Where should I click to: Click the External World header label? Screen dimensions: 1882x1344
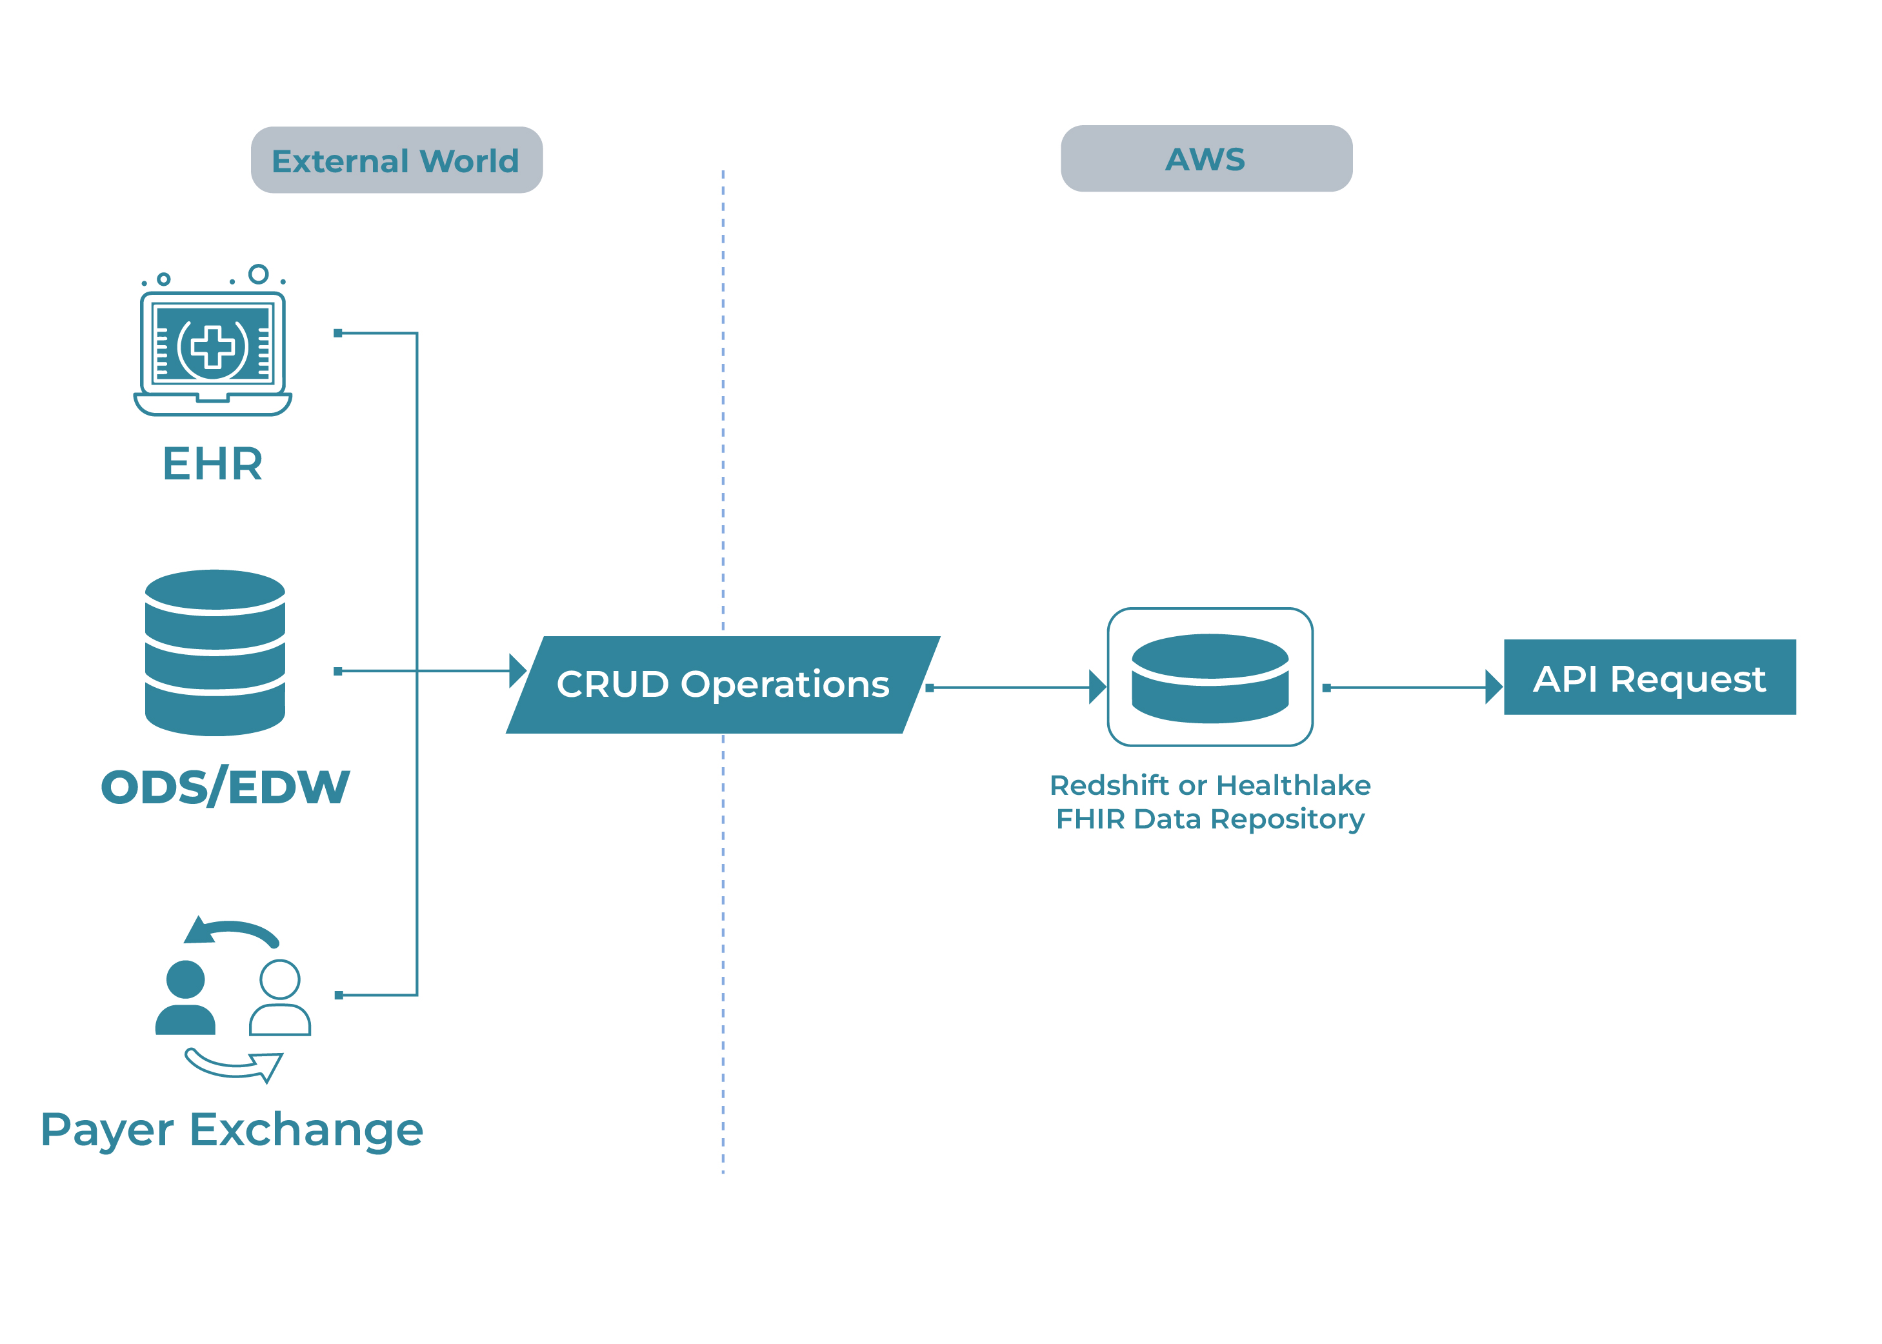(x=395, y=161)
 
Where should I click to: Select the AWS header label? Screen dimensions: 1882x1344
(x=1206, y=159)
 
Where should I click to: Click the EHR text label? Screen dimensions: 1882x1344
(x=213, y=463)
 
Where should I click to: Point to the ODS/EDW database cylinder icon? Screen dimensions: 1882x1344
(x=215, y=652)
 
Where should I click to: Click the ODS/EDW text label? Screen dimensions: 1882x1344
(x=225, y=787)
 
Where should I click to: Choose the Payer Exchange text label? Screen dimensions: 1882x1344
(x=232, y=1130)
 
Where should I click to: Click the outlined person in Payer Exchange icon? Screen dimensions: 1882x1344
(x=280, y=998)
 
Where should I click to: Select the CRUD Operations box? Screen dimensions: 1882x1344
(x=723, y=685)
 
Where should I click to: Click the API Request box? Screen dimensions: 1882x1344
(x=1650, y=677)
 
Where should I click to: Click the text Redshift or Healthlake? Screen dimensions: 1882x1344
(x=1210, y=785)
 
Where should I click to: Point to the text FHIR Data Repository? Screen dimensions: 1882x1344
(x=1210, y=819)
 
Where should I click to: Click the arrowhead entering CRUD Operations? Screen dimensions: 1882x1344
(x=517, y=670)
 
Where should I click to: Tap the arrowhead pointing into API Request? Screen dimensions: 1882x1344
(x=1494, y=687)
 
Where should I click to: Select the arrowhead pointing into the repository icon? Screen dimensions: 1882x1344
(x=1098, y=687)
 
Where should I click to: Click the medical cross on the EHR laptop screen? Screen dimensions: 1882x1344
(x=213, y=346)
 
